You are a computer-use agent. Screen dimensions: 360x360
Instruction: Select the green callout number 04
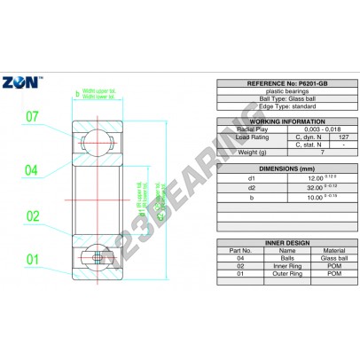pos(32,169)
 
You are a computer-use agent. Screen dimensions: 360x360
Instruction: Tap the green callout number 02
pos(32,215)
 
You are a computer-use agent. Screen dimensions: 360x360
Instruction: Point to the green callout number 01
pos(32,260)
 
